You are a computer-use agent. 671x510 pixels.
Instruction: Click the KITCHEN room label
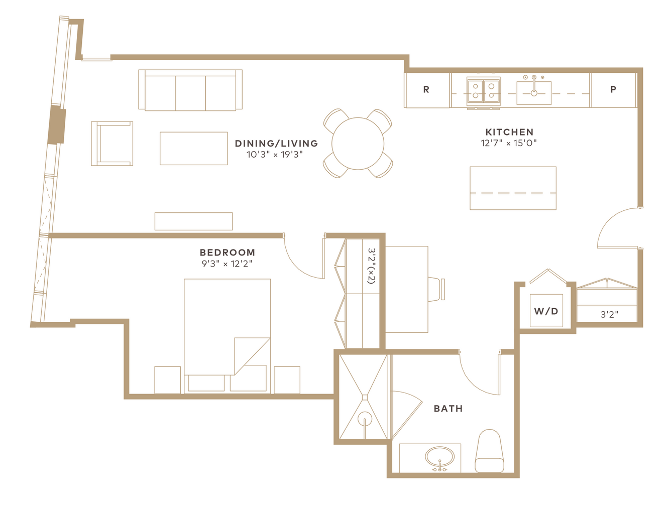tap(509, 132)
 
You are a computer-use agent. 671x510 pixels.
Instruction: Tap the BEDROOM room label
tap(227, 252)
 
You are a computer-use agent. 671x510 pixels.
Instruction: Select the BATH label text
tap(448, 408)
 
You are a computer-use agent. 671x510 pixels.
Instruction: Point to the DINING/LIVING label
tap(276, 143)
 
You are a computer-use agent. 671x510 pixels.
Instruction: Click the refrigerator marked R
tap(426, 90)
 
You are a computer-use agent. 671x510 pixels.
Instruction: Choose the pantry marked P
tap(613, 90)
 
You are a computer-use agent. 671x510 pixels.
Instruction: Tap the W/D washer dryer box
tap(546, 311)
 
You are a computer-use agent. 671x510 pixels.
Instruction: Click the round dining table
tap(358, 143)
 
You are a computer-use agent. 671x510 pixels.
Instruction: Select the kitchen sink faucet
tap(534, 85)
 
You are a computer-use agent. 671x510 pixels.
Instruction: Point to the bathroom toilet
tap(489, 451)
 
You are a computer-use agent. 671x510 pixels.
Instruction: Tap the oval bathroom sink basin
tap(439, 458)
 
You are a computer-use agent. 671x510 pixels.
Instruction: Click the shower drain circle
tap(365, 419)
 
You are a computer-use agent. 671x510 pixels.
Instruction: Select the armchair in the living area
tap(112, 144)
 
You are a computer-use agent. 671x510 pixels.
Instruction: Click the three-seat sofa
tap(190, 90)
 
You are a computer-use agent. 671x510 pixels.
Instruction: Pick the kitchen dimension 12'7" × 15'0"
tap(509, 143)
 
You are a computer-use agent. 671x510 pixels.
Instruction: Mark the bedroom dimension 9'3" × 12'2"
tap(227, 264)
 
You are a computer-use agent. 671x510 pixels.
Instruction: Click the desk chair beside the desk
tap(436, 289)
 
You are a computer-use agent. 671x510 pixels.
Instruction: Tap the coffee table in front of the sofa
tap(193, 149)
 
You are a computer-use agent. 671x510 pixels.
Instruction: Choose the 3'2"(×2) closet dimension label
tap(371, 266)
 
